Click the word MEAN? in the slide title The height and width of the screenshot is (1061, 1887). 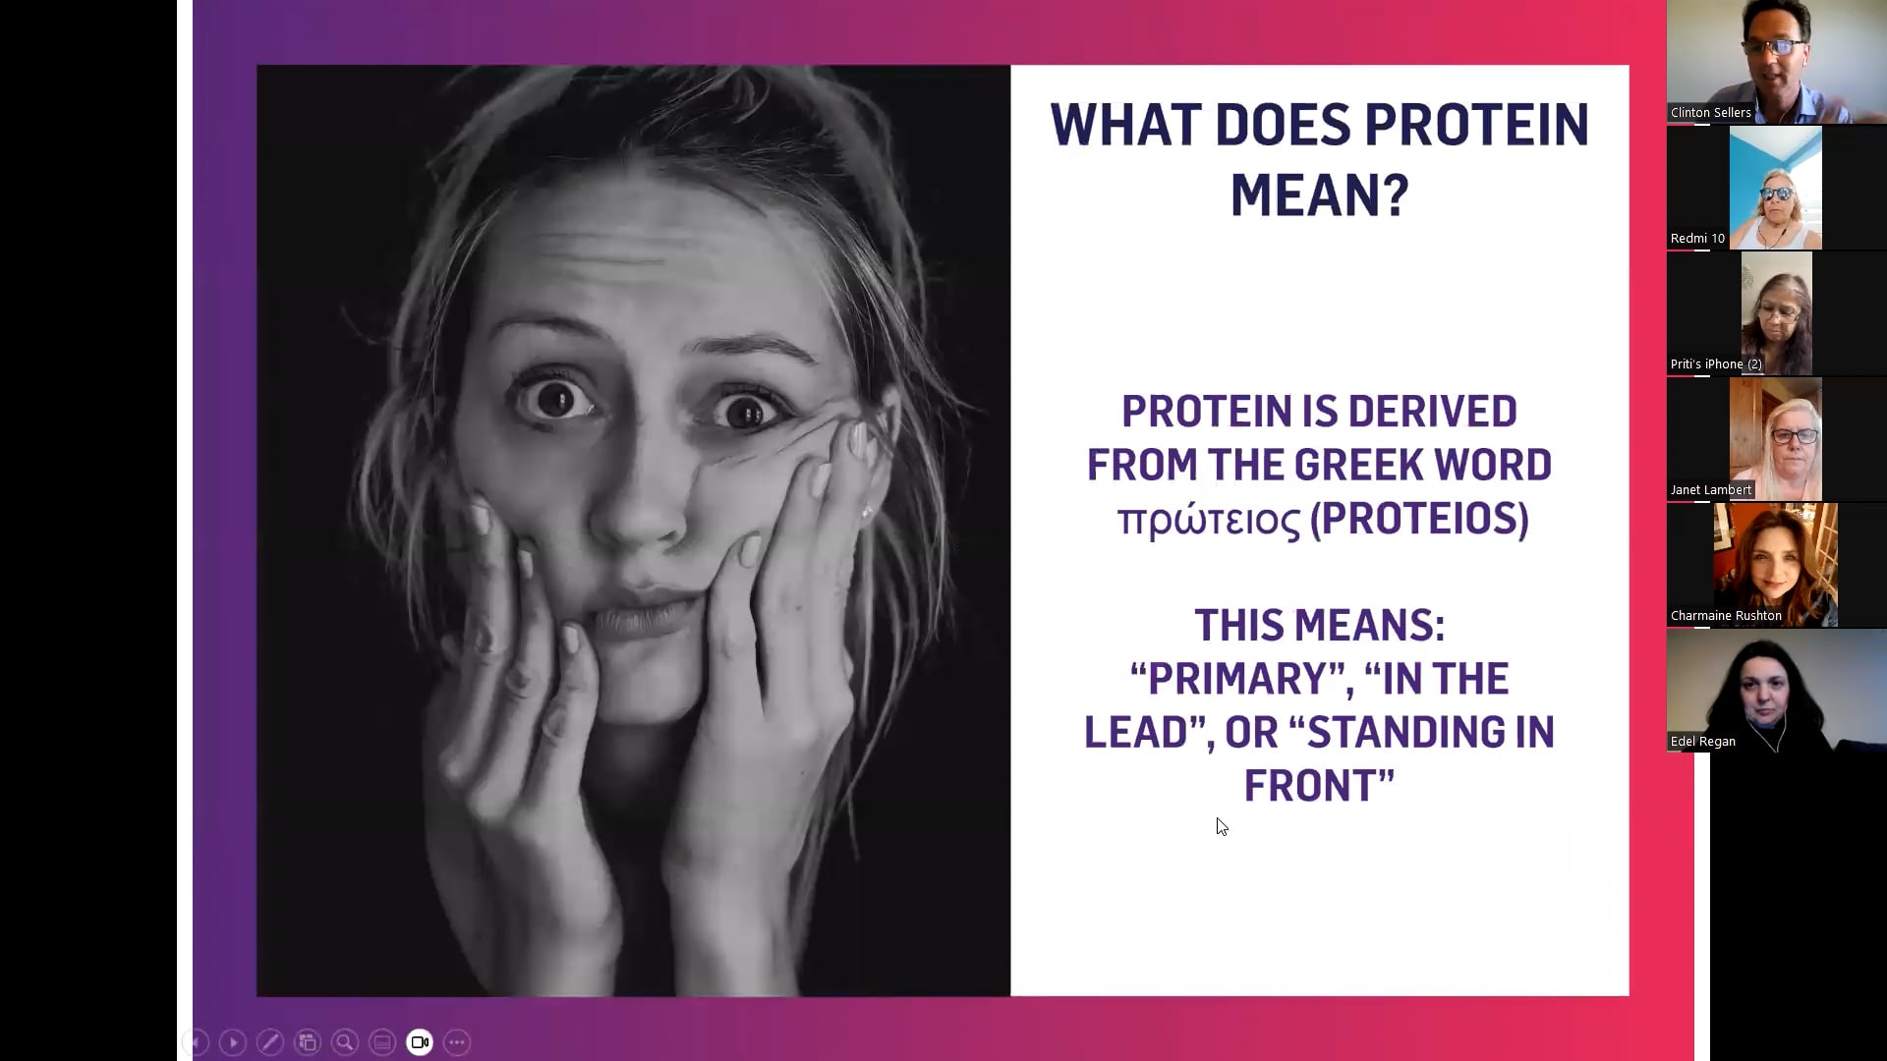[1319, 195]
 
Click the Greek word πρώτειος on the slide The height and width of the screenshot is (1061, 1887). [1209, 520]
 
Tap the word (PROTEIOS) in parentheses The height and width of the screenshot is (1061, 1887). [1420, 520]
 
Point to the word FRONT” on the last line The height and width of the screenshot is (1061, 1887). [1319, 786]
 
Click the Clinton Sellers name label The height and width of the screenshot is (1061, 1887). [1710, 113]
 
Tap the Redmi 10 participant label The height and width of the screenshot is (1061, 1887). [1697, 239]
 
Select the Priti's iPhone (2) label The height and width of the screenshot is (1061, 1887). [1716, 364]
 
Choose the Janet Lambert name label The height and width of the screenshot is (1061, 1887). [1710, 490]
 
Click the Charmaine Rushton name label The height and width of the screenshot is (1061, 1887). [1726, 616]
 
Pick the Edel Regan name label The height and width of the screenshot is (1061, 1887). [1702, 742]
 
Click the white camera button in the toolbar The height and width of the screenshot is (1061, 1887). [420, 1042]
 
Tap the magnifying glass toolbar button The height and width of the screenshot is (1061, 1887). [345, 1042]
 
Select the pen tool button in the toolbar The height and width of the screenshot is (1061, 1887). [270, 1042]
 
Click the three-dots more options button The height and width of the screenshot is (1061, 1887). [457, 1042]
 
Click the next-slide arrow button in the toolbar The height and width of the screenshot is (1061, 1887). [233, 1042]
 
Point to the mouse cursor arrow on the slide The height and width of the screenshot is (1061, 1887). [1222, 826]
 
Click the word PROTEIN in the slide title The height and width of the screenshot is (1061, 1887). [1476, 126]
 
